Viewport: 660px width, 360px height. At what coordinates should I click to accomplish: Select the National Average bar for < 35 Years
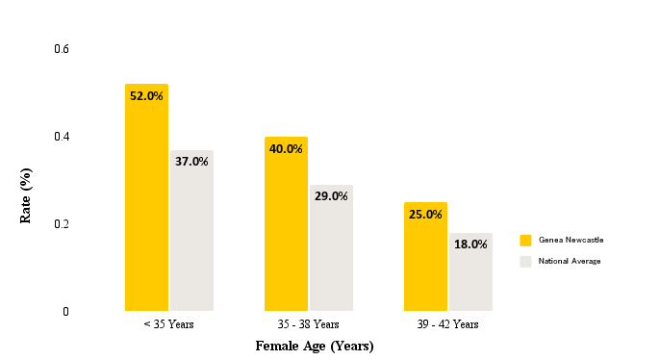coord(191,231)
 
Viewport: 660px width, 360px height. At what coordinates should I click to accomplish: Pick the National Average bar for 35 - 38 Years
coord(331,248)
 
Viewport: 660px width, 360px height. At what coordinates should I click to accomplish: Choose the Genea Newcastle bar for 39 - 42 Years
coord(425,257)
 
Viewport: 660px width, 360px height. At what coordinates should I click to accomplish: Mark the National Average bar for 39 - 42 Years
coord(470,272)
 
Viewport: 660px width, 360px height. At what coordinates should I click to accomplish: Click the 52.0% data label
coord(146,96)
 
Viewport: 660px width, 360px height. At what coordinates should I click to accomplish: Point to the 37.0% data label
coord(191,162)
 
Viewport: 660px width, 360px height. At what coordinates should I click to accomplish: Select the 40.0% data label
coord(286,149)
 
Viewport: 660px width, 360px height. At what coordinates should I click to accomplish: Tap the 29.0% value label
coord(331,196)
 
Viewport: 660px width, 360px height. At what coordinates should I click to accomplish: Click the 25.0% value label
coord(425,215)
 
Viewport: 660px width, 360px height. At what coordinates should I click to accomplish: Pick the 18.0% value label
coord(470,244)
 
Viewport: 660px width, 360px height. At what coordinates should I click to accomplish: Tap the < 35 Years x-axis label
coord(168,324)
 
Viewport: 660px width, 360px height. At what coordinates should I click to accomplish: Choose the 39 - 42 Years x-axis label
coord(448,324)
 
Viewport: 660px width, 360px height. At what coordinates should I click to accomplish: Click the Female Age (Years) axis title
coord(314,346)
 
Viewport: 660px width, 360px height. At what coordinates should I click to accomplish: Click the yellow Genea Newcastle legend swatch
coord(525,240)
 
